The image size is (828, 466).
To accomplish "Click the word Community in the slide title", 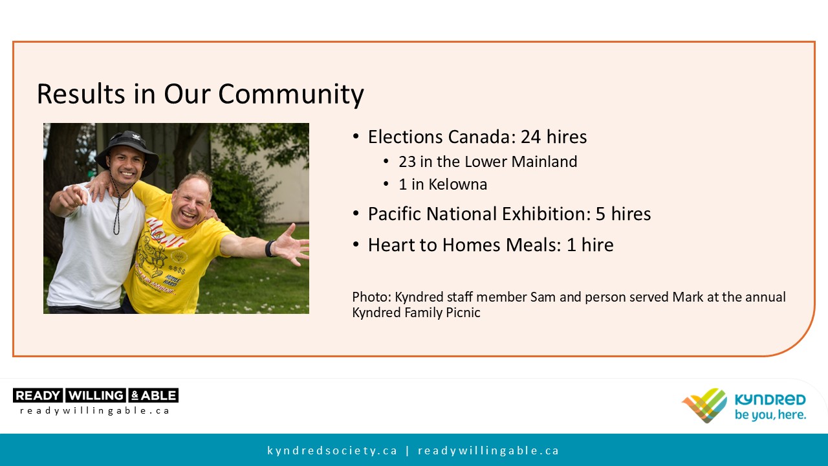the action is (x=291, y=94).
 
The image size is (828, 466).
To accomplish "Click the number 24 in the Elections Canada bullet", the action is (x=531, y=137).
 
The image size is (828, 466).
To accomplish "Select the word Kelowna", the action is (x=457, y=184).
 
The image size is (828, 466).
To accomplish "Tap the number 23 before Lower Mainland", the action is (x=407, y=162).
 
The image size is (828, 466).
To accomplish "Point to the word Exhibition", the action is (x=545, y=214).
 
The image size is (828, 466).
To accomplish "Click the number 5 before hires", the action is (x=600, y=214).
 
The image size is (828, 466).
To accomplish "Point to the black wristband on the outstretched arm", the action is (x=270, y=249).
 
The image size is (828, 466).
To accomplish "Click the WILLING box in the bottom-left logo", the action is (x=96, y=395).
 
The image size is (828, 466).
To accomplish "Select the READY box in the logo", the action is (x=38, y=395).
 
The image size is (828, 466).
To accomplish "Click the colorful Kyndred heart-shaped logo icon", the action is (x=704, y=405).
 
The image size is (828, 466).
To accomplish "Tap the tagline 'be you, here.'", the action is (x=770, y=415).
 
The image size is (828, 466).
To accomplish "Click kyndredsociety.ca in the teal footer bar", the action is (x=332, y=450).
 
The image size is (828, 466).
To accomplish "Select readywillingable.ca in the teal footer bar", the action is (x=488, y=450).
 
